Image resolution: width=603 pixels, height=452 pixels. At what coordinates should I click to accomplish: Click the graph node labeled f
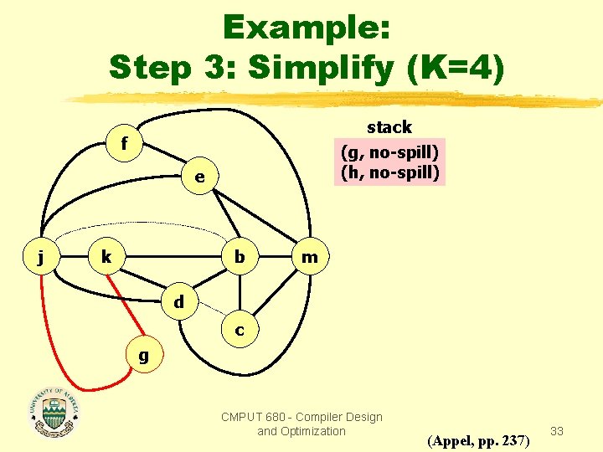click(x=124, y=145)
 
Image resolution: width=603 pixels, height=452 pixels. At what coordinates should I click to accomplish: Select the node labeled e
click(x=199, y=177)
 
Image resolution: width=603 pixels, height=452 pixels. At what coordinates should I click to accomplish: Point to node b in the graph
click(x=240, y=257)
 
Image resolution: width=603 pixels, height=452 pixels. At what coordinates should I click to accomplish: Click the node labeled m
click(x=309, y=257)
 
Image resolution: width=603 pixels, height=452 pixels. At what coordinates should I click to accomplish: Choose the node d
click(x=178, y=300)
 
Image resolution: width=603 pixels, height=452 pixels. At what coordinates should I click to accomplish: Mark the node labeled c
click(x=240, y=330)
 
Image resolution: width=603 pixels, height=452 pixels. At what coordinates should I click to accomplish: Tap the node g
click(x=143, y=355)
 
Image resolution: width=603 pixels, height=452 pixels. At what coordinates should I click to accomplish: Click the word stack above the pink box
click(x=389, y=127)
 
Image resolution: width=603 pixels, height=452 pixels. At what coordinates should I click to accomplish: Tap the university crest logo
click(x=55, y=413)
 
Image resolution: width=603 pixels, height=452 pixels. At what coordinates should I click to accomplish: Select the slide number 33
click(x=557, y=431)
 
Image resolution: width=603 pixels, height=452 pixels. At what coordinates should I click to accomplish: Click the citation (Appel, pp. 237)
click(x=478, y=439)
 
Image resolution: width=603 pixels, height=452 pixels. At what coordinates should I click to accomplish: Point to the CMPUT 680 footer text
click(x=301, y=424)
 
